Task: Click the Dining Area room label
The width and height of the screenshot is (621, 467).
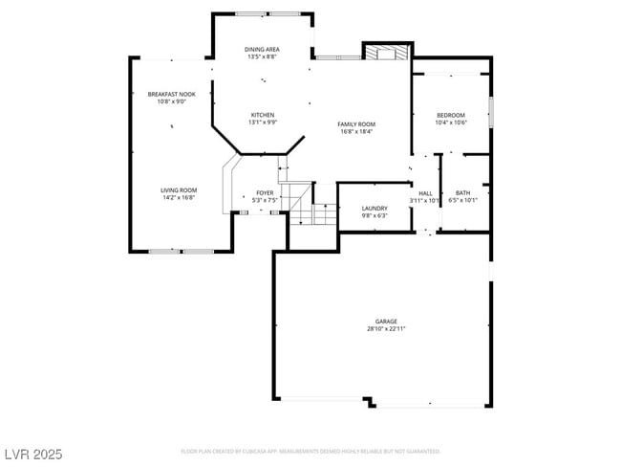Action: point(261,49)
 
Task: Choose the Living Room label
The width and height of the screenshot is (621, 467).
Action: point(178,189)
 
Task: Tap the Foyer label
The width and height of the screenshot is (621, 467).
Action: point(265,192)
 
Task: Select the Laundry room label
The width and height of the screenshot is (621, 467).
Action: point(374,208)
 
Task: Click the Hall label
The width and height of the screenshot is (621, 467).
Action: point(425,192)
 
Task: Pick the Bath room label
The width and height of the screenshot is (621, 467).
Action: point(462,192)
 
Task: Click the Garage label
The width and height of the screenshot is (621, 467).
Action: point(386,321)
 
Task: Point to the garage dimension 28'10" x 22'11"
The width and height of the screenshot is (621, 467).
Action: point(386,328)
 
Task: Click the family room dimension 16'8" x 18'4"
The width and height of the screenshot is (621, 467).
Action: point(355,131)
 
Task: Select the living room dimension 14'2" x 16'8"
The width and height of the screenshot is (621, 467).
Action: point(178,197)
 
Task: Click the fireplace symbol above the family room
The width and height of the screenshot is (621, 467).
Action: point(387,52)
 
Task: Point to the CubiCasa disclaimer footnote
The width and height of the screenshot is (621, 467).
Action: point(310,451)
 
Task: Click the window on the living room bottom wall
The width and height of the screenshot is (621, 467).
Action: point(181,251)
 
